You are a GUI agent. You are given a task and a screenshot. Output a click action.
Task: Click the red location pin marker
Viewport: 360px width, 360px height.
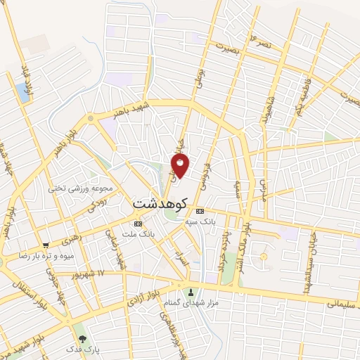pos(181,165)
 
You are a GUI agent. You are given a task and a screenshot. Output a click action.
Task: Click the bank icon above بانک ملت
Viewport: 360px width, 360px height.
pos(138,223)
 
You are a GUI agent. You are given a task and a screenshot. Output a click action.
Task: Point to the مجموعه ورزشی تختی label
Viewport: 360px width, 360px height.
pos(76,188)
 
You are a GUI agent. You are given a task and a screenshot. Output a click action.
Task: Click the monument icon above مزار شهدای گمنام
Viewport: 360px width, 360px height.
pos(190,292)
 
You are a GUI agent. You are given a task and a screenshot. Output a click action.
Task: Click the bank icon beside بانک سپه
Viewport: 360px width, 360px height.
pos(200,211)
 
